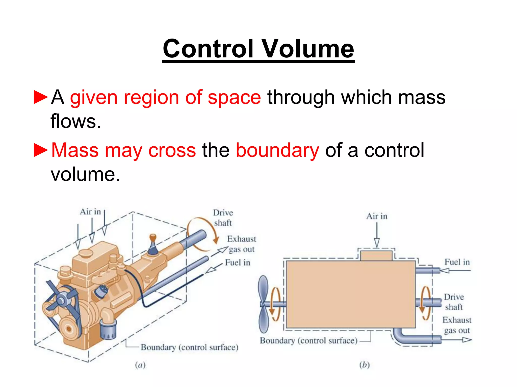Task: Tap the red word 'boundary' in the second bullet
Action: coord(277,150)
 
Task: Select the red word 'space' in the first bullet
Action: coord(234,98)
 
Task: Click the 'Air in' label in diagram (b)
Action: coord(376,216)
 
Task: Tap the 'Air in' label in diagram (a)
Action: coord(90,212)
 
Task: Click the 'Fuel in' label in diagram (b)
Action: coord(457,262)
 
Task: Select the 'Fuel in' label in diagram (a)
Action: coord(237,263)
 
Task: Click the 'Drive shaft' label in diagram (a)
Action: coord(223,218)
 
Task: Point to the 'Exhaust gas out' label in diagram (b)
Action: coord(457,325)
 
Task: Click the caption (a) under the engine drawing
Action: coord(140,365)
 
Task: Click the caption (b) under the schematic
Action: coord(364,365)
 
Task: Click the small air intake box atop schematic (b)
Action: coord(376,255)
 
